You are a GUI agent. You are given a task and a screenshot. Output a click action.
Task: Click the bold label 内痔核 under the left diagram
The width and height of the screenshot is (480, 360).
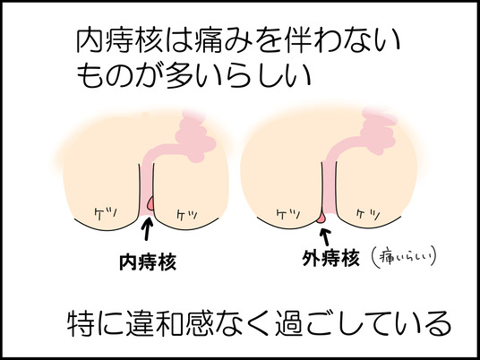tap(148, 262)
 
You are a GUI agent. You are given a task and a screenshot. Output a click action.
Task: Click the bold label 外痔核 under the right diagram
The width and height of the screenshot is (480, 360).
tap(330, 259)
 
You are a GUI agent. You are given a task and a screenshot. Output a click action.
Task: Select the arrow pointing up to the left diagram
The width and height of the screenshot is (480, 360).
tap(148, 228)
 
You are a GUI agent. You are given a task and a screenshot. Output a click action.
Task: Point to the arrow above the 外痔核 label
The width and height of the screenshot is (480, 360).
tap(325, 237)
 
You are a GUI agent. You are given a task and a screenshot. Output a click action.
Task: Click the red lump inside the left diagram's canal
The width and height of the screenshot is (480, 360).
tap(150, 203)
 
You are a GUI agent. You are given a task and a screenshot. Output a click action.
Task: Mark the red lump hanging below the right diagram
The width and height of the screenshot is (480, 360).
tap(321, 218)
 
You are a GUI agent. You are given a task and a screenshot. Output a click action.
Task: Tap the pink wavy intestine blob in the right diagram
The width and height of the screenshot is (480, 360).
tap(378, 132)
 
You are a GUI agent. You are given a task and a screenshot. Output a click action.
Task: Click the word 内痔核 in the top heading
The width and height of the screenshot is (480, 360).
tap(119, 41)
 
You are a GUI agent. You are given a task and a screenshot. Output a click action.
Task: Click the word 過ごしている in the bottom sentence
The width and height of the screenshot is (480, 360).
tap(363, 323)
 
